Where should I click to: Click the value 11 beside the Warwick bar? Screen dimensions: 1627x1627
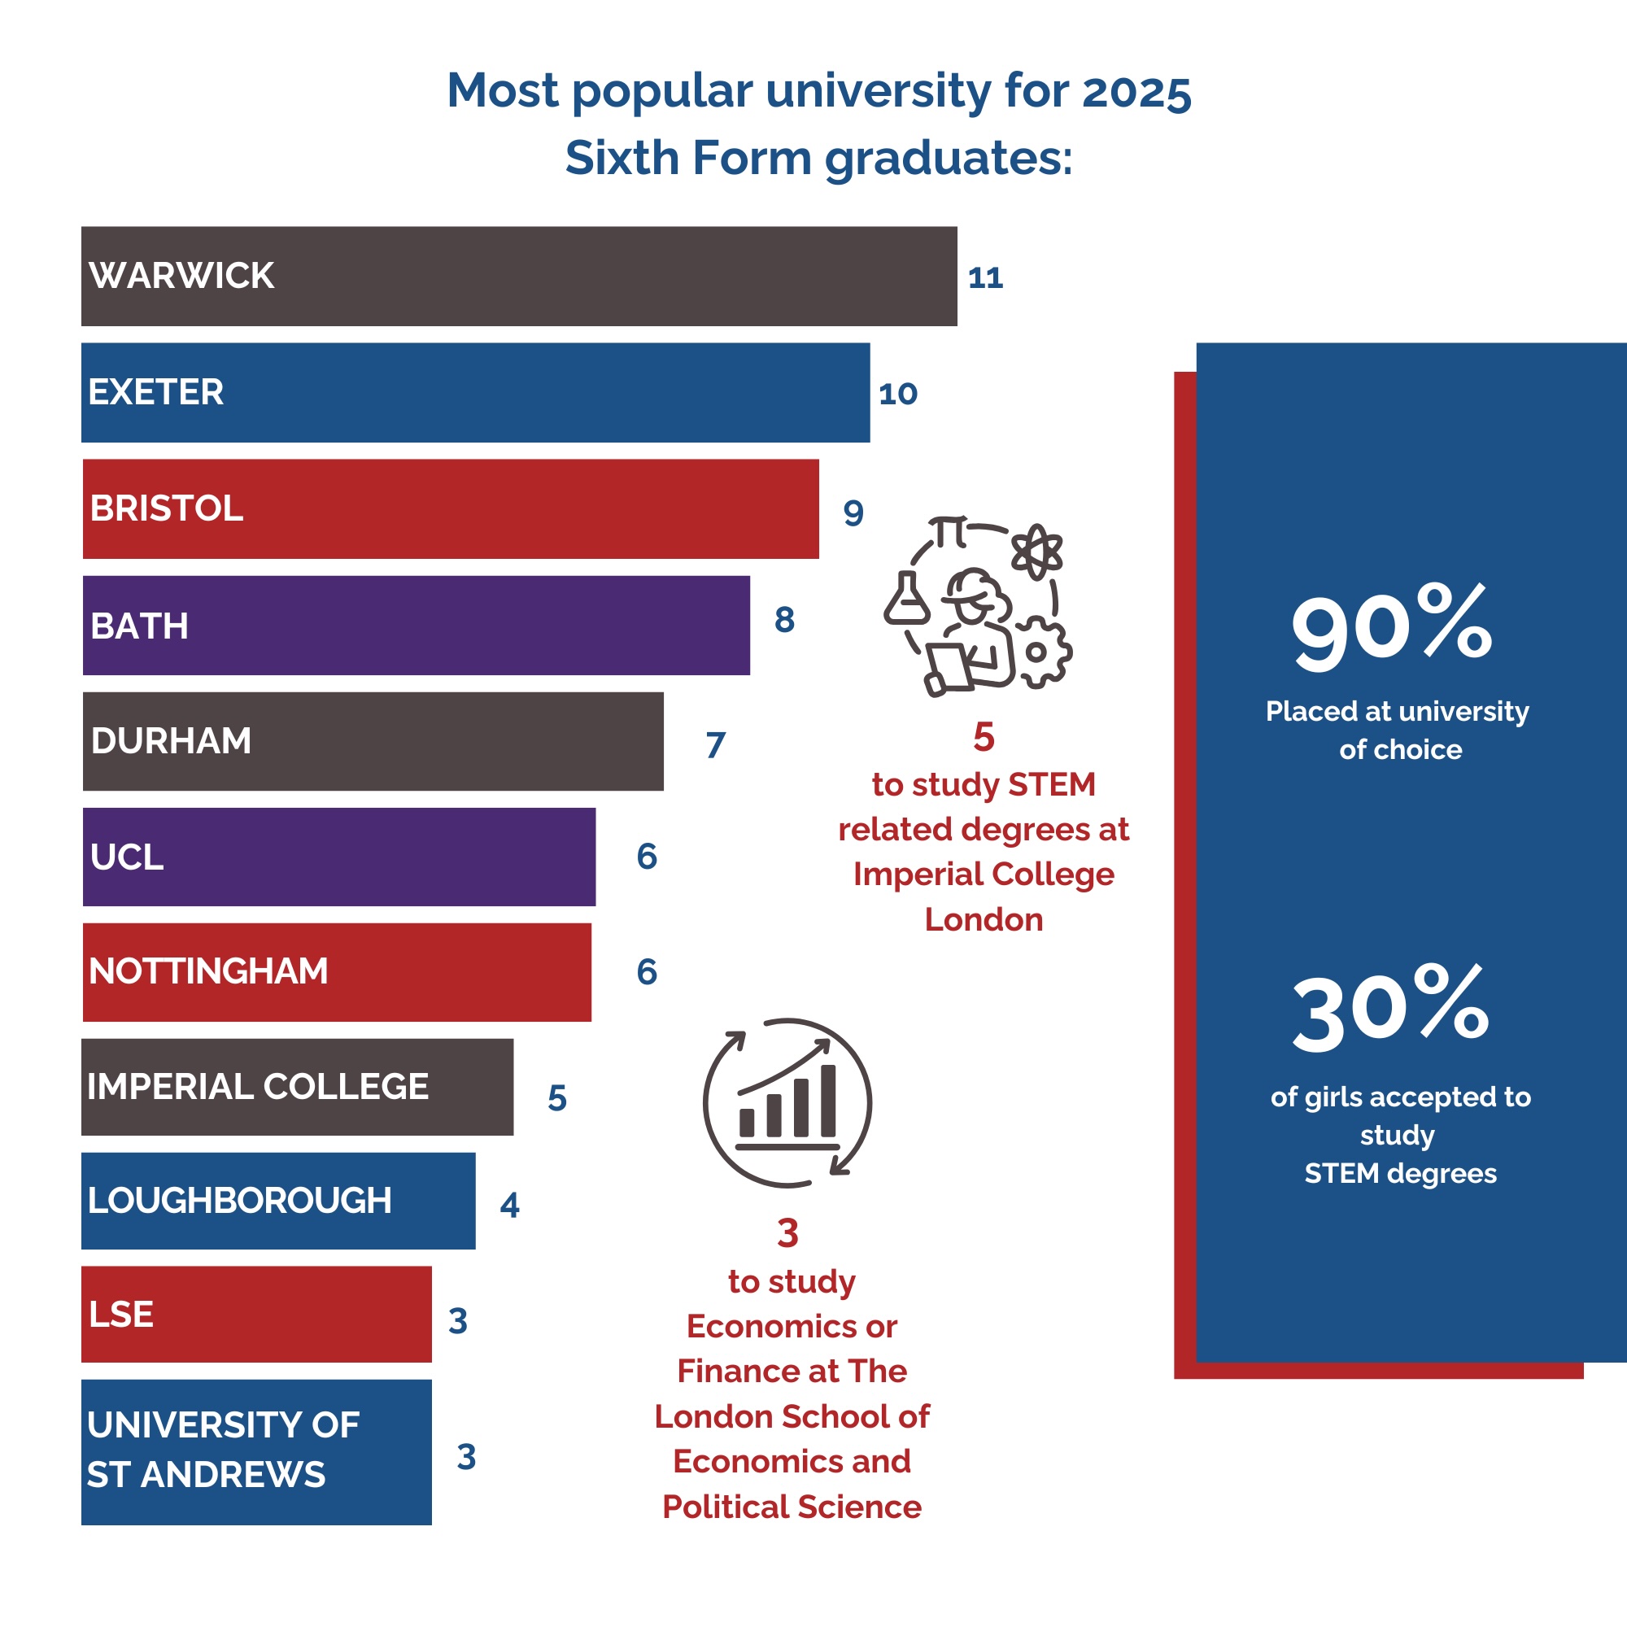pyautogui.click(x=985, y=278)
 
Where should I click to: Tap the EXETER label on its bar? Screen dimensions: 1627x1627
pyautogui.click(x=156, y=392)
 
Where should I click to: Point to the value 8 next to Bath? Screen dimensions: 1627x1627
pyautogui.click(x=784, y=620)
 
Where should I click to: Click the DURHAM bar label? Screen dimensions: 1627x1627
pyautogui.click(x=171, y=741)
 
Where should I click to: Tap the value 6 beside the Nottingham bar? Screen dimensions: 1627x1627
pyautogui.click(x=647, y=972)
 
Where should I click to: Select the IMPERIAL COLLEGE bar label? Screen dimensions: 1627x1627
pyautogui.click(x=258, y=1086)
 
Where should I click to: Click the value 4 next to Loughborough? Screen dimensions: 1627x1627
pyautogui.click(x=509, y=1205)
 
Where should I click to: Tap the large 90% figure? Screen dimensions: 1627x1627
pyautogui.click(x=1391, y=627)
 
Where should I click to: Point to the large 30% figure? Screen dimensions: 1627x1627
pyautogui.click(x=1391, y=1009)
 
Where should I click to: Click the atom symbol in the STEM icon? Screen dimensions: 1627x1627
pyautogui.click(x=1036, y=552)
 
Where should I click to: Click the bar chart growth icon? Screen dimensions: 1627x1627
pyautogui.click(x=787, y=1102)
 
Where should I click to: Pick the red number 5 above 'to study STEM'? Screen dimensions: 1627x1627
pyautogui.click(x=984, y=738)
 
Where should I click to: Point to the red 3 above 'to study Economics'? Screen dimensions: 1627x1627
pyautogui.click(x=787, y=1233)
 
